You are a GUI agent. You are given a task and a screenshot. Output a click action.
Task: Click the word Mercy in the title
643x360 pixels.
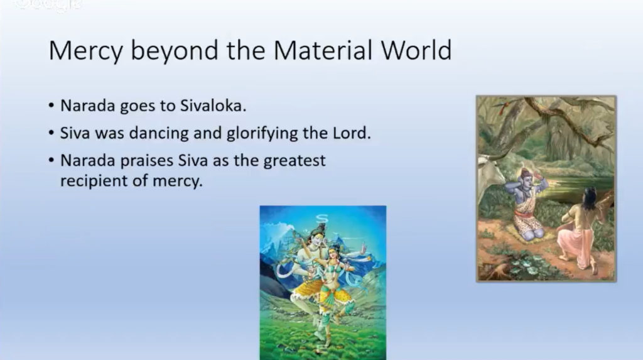[85, 50]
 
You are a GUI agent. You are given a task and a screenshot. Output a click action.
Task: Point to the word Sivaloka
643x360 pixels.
[213, 106]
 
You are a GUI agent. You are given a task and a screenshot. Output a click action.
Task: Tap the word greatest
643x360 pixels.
[294, 160]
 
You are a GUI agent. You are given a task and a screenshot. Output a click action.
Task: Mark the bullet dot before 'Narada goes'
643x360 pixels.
[51, 106]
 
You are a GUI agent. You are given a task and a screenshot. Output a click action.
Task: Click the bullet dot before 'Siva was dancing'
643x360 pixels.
[51, 133]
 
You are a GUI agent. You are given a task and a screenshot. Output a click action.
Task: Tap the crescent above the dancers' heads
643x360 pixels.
[322, 217]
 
